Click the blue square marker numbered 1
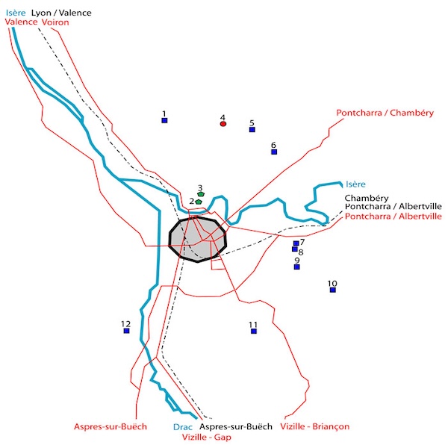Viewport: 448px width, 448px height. point(164,120)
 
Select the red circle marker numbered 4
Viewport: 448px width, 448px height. point(223,124)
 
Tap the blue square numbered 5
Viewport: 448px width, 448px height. point(252,129)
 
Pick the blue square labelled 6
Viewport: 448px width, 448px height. point(274,152)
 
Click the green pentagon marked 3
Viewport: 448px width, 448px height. point(201,194)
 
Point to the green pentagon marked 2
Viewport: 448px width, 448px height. point(198,202)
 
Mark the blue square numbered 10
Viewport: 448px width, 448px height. point(332,290)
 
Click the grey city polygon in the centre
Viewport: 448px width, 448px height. point(198,239)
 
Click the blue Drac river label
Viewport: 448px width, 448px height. point(172,427)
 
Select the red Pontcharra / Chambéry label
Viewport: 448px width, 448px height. point(385,113)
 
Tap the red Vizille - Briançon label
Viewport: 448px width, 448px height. point(314,426)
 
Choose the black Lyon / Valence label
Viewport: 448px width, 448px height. point(61,13)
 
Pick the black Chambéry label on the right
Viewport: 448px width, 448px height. point(364,198)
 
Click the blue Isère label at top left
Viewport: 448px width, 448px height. point(15,13)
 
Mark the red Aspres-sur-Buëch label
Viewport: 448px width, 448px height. point(110,427)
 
